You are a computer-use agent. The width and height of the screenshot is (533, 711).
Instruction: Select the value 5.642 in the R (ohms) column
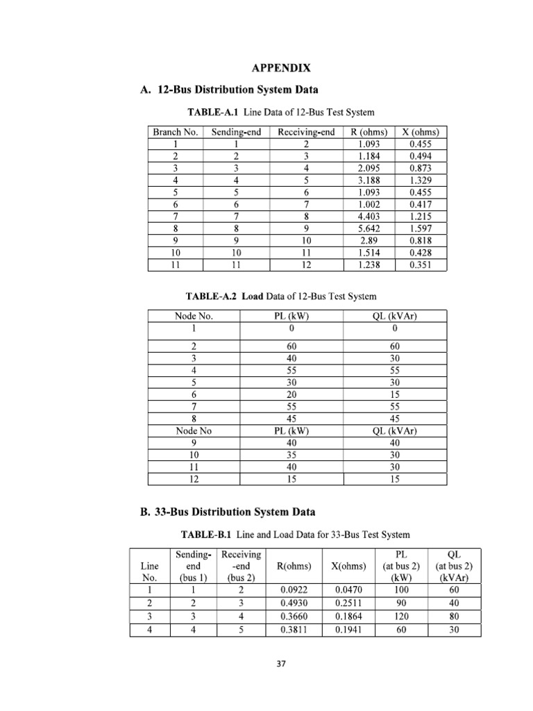[x=368, y=227]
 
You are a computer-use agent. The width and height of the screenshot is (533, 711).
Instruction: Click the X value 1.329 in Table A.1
[x=421, y=180]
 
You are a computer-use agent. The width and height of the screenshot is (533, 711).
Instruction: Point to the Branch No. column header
[x=176, y=132]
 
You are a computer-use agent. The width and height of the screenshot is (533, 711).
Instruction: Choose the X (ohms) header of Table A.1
[x=421, y=132]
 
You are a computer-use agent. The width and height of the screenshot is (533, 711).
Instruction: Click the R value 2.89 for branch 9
[x=368, y=240]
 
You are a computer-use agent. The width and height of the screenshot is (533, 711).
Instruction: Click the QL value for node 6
[x=395, y=394]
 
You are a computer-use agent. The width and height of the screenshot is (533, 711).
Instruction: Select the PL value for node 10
[x=291, y=455]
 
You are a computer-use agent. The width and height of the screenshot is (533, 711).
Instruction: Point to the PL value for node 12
[x=291, y=479]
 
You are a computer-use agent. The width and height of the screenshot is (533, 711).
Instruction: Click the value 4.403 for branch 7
[x=368, y=215]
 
